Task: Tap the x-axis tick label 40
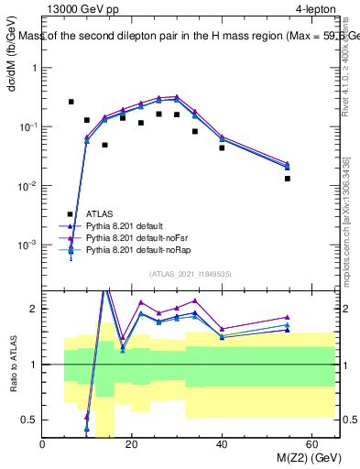(x=222, y=444)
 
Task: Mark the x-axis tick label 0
(x=43, y=444)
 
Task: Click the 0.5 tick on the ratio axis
(x=32, y=420)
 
